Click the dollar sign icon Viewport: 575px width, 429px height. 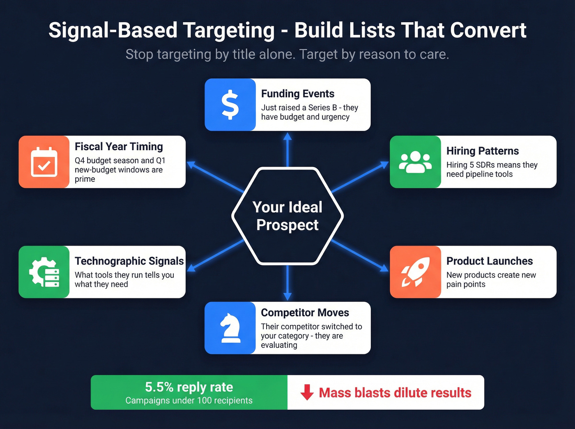(x=230, y=105)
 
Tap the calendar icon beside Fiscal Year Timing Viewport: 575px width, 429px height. (x=44, y=162)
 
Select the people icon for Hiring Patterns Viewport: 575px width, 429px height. (x=415, y=162)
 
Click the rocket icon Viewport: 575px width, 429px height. (x=415, y=272)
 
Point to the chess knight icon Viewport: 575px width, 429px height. (x=230, y=328)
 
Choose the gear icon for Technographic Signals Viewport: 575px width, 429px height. (x=44, y=272)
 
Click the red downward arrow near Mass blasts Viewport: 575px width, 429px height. (x=307, y=392)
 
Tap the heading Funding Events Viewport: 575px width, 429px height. (x=298, y=94)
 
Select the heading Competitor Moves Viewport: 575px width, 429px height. (x=305, y=312)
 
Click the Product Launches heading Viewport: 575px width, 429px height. (x=490, y=261)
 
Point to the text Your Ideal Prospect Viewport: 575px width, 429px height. (x=287, y=216)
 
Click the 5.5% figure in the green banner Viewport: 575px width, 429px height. (x=159, y=387)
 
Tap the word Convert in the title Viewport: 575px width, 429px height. (x=488, y=30)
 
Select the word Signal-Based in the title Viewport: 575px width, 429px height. (x=113, y=30)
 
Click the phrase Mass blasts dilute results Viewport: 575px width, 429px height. (x=395, y=393)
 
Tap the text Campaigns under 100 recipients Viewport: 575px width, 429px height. (x=189, y=401)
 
